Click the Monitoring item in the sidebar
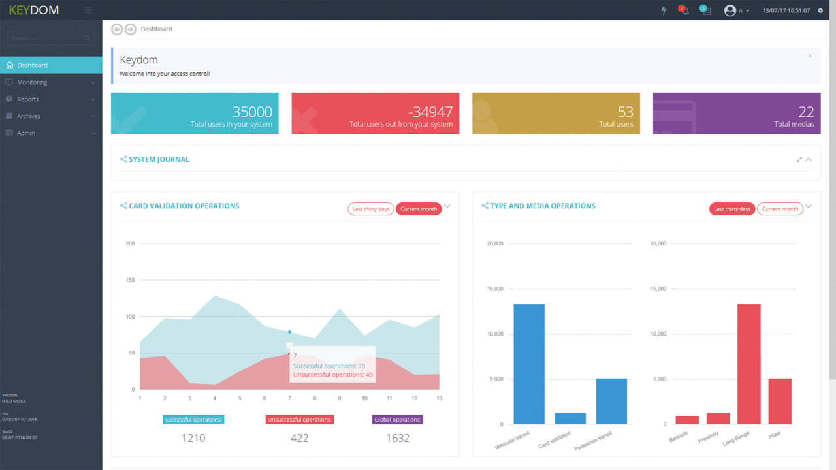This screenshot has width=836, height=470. coord(32,82)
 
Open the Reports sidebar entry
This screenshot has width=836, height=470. coord(28,99)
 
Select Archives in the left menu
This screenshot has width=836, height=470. coord(29,116)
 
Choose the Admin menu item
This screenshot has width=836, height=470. coord(26,133)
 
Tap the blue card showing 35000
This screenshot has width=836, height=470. coord(195,114)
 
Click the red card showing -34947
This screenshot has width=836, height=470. coord(375,114)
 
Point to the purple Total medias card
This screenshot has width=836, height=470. coord(736,114)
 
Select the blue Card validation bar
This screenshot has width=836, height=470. coord(570,418)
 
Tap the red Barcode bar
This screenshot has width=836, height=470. coord(687,420)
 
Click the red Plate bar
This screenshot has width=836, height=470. coord(780,401)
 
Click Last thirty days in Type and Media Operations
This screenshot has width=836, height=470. coord(732,209)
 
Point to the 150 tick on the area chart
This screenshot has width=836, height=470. coord(130,280)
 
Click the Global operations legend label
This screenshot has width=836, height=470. coord(398,420)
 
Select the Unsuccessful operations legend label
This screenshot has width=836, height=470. coord(300,420)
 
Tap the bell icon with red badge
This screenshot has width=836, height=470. coord(684,10)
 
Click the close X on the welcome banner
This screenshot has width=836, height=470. coord(810,56)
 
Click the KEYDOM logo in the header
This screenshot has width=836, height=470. coord(34,10)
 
